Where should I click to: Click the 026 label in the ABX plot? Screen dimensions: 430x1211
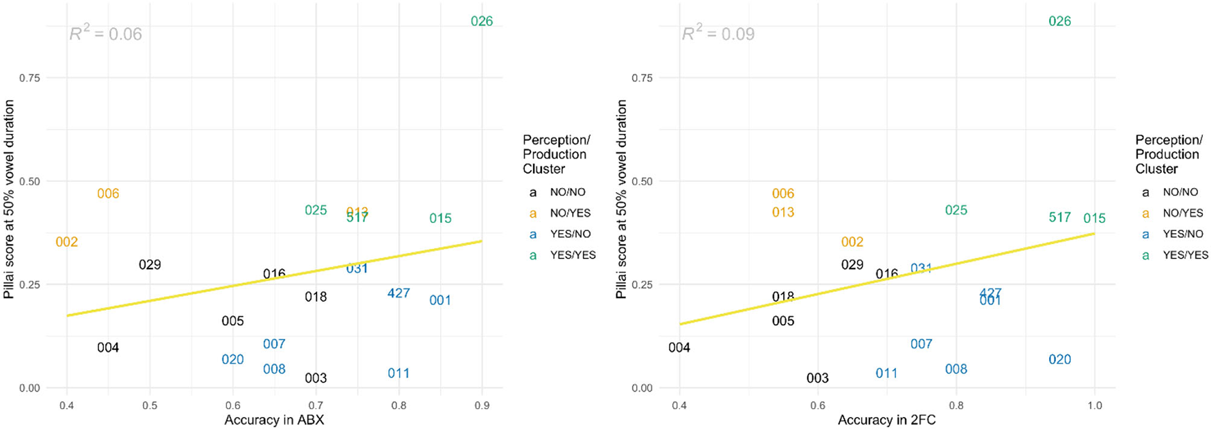481,21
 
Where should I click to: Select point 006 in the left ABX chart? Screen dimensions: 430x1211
108,193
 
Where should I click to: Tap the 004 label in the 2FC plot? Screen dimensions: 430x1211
679,347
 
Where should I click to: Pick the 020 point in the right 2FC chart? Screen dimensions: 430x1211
1059,359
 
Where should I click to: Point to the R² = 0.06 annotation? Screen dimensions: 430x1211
105,33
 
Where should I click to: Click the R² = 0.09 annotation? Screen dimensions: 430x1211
718,33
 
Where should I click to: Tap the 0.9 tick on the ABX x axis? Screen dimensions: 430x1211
482,405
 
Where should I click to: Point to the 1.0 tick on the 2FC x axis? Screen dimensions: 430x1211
1094,405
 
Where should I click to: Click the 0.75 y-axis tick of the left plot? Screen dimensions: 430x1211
29,78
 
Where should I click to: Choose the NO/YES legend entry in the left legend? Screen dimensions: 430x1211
570,213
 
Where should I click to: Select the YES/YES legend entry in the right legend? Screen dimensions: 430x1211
1185,255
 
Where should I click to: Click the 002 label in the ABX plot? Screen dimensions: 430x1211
67,242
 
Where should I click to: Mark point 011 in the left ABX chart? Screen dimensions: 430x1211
398,373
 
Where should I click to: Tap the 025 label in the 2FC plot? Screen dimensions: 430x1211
955,210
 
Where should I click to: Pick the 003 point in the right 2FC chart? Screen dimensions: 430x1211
817,378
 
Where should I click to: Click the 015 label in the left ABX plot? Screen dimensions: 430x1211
440,218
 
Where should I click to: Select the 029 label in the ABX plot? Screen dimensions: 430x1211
150,265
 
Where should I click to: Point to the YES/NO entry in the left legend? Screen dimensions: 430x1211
570,234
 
